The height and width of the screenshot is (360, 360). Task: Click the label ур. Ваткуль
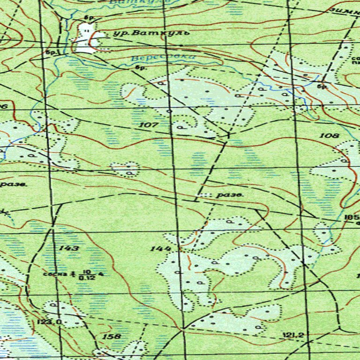[151, 33]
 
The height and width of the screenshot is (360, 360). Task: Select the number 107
[149, 125]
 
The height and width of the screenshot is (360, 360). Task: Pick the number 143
[69, 247]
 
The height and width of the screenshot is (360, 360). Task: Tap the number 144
[160, 248]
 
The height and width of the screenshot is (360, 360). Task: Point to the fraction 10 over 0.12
[85, 274]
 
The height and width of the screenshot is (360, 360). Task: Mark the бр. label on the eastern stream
[322, 86]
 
